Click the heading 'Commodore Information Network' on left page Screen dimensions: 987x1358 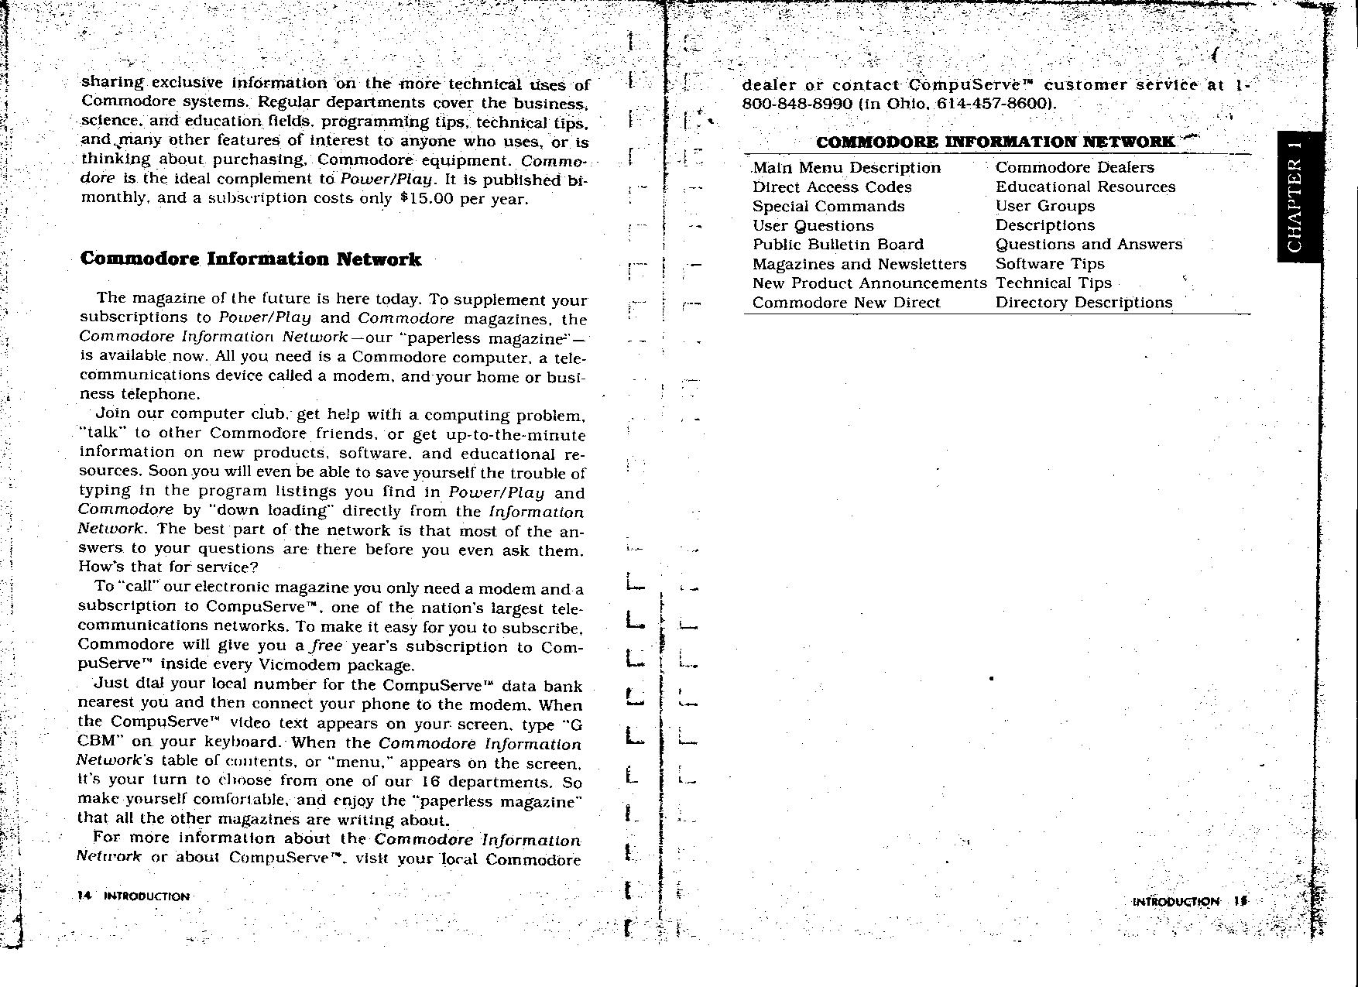[x=251, y=259]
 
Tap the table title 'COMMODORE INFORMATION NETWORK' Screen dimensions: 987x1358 [x=995, y=142]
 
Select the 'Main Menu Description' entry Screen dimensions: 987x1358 [x=846, y=168]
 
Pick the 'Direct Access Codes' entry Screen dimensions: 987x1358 [x=832, y=187]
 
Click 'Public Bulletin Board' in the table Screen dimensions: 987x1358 [x=838, y=245]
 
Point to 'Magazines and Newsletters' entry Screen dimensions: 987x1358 [x=859, y=264]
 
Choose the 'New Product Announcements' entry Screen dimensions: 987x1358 [x=869, y=283]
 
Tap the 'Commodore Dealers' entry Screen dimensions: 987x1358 [x=1074, y=167]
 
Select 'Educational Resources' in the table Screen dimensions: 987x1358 [x=1085, y=187]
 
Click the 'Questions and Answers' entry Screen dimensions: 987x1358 [x=1089, y=245]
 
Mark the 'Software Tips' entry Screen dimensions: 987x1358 [x=1049, y=264]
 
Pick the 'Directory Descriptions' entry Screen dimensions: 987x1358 [x=1083, y=303]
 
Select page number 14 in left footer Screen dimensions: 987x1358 [x=84, y=896]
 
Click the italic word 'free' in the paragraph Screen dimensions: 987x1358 [x=326, y=646]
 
